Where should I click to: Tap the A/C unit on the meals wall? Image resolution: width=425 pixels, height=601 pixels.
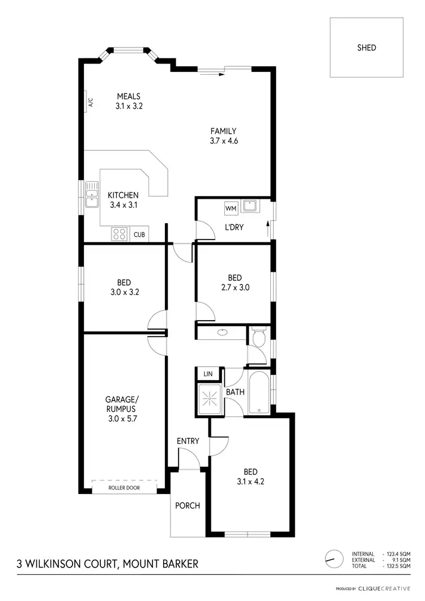pos(90,102)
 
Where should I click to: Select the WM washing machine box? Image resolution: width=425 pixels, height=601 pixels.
pos(231,208)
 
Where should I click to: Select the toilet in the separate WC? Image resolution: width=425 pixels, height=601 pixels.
pos(258,338)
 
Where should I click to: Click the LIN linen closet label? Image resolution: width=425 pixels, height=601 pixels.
pos(207,374)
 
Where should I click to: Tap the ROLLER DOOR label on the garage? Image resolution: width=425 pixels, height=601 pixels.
pos(124,488)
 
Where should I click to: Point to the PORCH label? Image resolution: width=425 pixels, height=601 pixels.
pos(187,505)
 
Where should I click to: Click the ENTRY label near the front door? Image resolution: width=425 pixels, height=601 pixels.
pos(188,441)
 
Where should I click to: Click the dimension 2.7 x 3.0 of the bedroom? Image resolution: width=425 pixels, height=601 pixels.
pos(235,287)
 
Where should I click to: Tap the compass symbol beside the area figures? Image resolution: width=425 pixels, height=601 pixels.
pos(334,558)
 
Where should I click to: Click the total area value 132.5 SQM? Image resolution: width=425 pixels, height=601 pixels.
pos(398,566)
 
